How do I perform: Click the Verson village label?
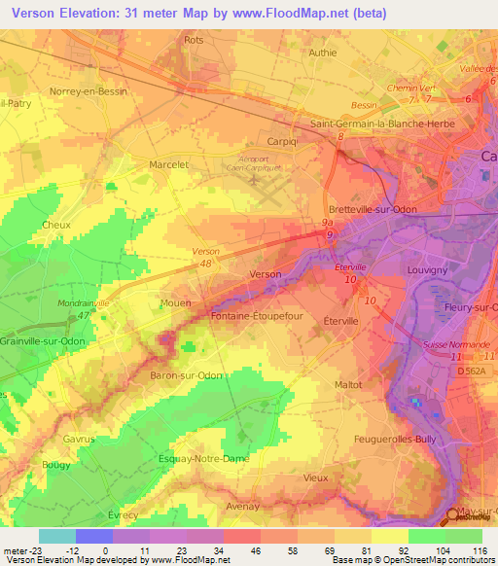point(266,274)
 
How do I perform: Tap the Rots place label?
point(194,40)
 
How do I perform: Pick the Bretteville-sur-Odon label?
point(375,211)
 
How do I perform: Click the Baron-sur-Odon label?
point(188,375)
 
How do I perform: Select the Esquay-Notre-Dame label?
point(205,458)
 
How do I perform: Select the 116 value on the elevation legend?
point(478,549)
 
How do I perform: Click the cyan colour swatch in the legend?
point(57,536)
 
